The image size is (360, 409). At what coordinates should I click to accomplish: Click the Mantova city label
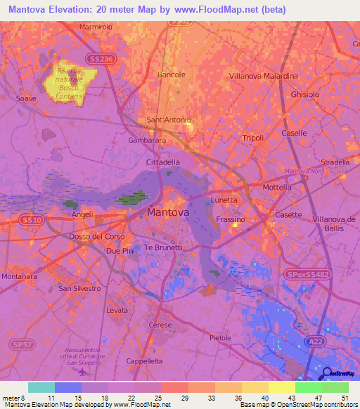(168, 212)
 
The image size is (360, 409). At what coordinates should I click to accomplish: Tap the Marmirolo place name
(96, 27)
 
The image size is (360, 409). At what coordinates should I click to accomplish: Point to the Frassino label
(230, 220)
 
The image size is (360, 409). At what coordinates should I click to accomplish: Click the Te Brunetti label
(163, 247)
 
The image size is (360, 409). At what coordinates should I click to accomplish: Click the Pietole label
(220, 338)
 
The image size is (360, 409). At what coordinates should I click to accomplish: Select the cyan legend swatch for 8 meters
(41, 387)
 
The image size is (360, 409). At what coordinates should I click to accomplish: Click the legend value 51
(344, 398)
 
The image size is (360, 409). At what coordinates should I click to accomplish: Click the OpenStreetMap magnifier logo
(326, 372)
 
